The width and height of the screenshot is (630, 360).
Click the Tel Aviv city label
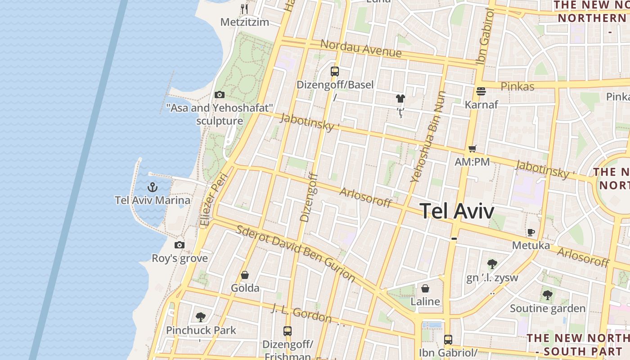tap(457, 211)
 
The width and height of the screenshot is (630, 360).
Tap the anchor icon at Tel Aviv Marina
tap(153, 187)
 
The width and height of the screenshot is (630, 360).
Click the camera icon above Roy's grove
tap(180, 245)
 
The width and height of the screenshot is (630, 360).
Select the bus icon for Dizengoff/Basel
tap(334, 71)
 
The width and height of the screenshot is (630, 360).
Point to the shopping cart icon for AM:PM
tap(472, 148)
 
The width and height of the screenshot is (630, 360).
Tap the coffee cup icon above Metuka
tap(531, 232)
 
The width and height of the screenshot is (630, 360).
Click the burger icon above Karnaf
tap(481, 91)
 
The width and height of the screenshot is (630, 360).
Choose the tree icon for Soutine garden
tap(547, 295)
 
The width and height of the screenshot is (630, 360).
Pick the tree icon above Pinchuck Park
tap(201, 317)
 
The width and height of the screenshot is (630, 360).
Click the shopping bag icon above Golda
tap(245, 274)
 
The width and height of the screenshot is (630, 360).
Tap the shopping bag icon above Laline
tap(425, 288)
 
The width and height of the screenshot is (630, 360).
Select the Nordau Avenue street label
tap(361, 48)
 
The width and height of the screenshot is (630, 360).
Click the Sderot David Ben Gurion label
tap(296, 254)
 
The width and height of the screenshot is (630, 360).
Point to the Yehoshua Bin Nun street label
tap(428, 137)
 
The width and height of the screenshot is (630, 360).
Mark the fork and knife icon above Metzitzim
tap(244, 9)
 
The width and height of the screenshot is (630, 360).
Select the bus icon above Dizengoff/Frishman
tap(288, 331)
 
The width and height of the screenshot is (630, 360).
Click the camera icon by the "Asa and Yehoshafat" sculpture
tap(220, 94)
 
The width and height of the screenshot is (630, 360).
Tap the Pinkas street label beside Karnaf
tap(517, 86)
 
